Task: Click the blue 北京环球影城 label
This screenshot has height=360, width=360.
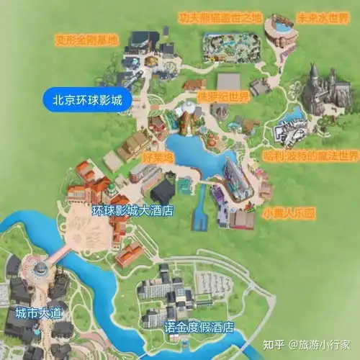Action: coord(86,99)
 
